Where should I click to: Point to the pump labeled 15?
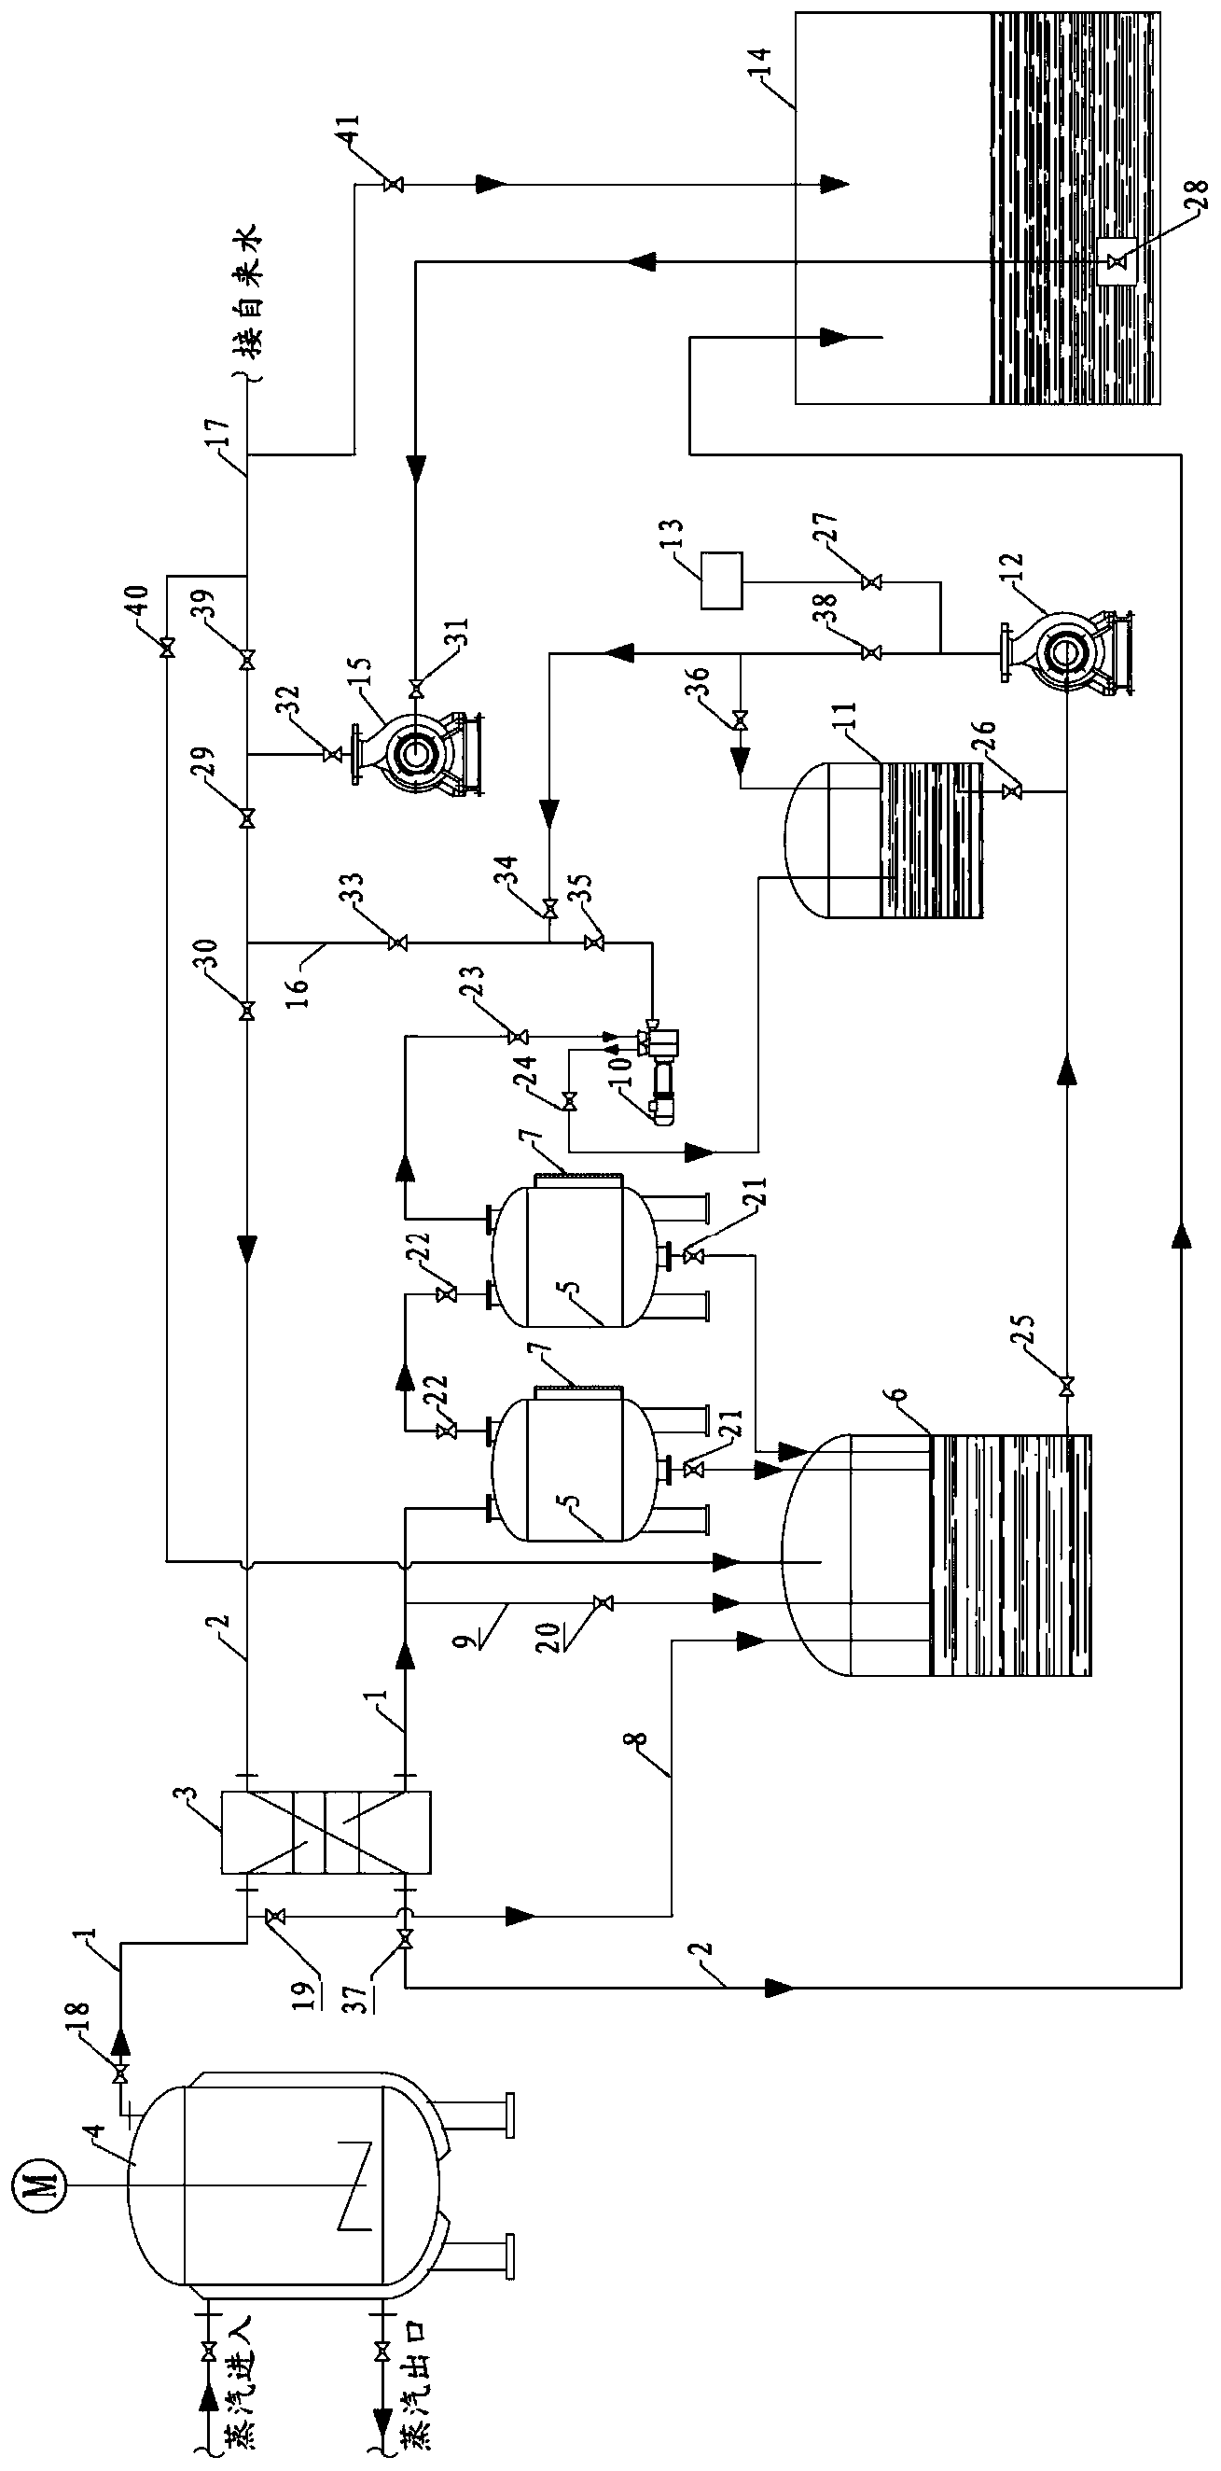(x=416, y=753)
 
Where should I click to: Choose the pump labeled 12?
(x=1063, y=652)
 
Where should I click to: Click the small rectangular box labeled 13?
(x=721, y=580)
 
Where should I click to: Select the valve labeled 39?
(x=247, y=660)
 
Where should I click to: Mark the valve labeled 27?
(x=871, y=581)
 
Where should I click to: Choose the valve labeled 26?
(x=1008, y=791)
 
